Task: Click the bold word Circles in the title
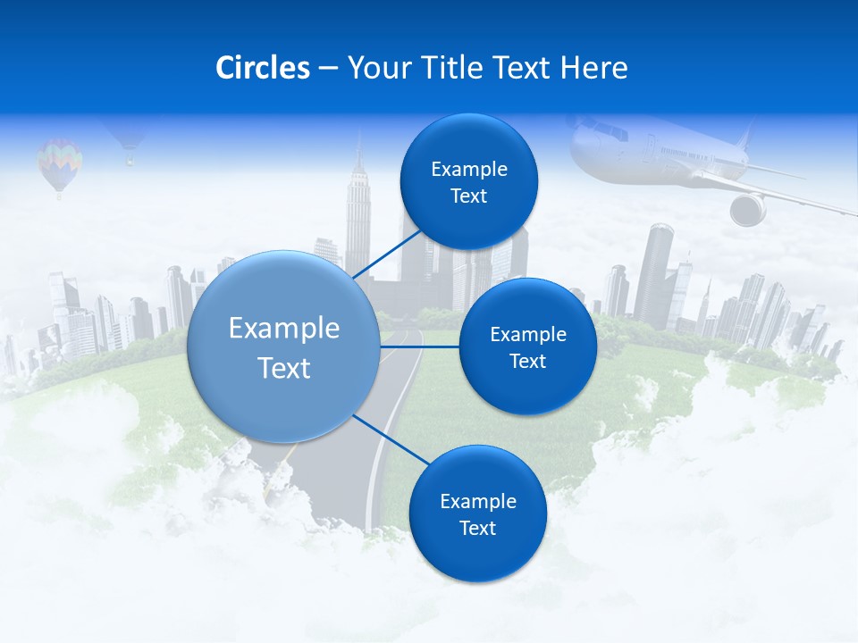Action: tap(262, 68)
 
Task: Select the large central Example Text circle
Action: tap(284, 347)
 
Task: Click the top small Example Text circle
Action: tap(468, 182)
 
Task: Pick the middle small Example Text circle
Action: tap(527, 347)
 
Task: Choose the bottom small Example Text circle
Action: tap(477, 514)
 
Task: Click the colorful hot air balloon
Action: tap(59, 163)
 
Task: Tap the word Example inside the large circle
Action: tap(284, 329)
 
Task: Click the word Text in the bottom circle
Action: tap(477, 528)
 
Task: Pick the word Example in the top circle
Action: tap(468, 169)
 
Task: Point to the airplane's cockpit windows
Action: tap(615, 133)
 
